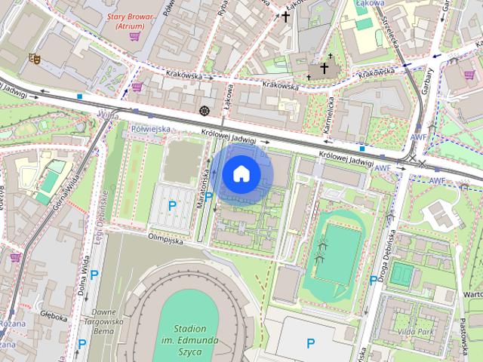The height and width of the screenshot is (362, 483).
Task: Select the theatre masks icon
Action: tap(34, 57)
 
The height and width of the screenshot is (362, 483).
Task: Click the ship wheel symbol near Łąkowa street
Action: tap(203, 111)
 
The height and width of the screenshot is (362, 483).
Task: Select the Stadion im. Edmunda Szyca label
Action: tap(189, 339)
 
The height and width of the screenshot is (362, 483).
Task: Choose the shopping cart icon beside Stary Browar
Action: tap(134, 35)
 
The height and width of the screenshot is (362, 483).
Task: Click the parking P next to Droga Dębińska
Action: tap(374, 281)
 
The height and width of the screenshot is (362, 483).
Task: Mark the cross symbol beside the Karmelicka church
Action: tap(325, 68)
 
